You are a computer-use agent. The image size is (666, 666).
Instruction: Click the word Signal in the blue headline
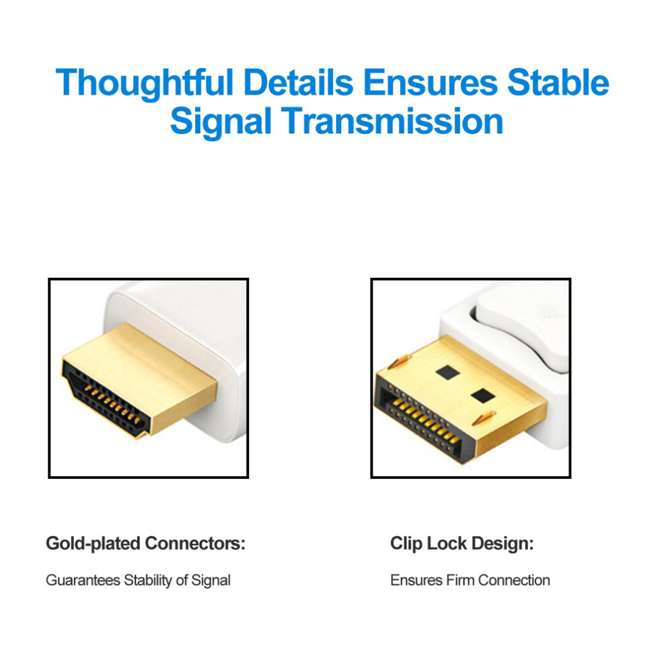point(221,122)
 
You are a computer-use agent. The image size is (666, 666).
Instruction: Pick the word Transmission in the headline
point(392,120)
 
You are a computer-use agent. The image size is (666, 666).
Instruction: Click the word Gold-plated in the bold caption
point(93,544)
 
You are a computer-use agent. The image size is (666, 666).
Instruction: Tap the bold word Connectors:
point(195,544)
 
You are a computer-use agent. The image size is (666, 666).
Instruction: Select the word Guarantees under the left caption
point(83,580)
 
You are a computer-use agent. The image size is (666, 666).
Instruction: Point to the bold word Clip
point(406,544)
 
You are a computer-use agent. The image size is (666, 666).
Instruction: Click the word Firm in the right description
point(460,580)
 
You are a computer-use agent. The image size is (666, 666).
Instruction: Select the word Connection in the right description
point(514,580)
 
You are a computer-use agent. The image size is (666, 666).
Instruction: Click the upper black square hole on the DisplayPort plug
point(447,373)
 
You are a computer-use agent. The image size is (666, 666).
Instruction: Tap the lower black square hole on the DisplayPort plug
point(483,396)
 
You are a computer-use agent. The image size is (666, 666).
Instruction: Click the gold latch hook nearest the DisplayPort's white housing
point(484,419)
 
